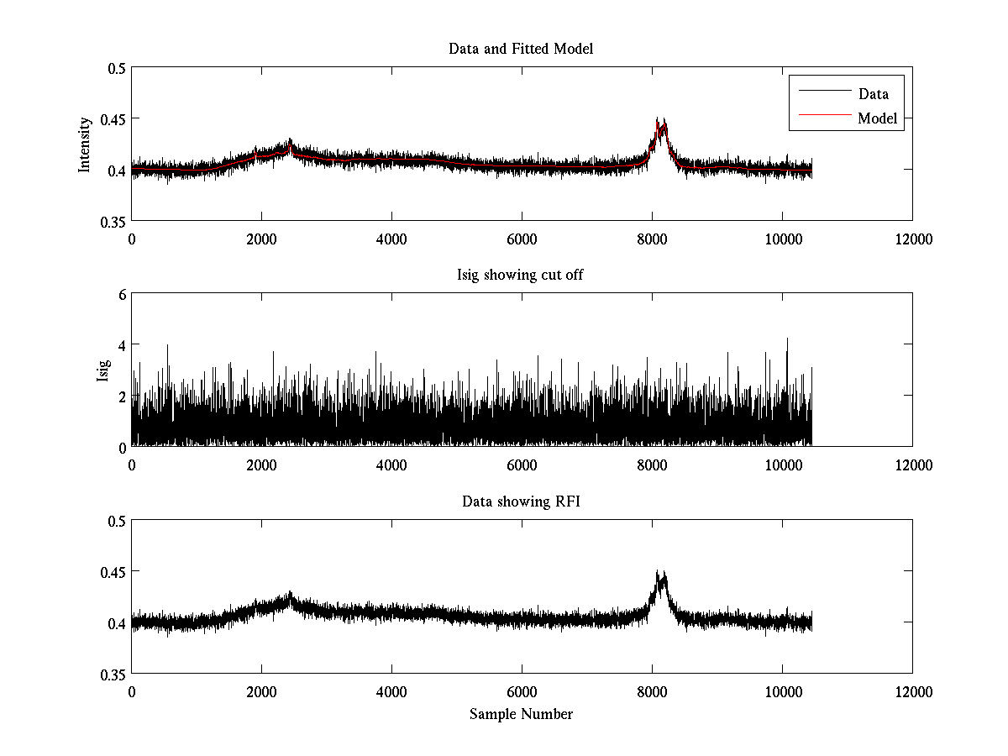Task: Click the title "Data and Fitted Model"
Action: click(x=521, y=49)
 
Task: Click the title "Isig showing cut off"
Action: click(x=521, y=276)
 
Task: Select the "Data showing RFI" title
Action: click(x=521, y=501)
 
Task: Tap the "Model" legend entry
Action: click(x=877, y=118)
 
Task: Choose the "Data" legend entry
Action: click(x=873, y=94)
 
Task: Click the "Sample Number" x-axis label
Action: click(x=521, y=714)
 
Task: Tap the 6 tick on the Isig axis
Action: click(x=121, y=295)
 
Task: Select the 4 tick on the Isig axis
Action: click(x=121, y=345)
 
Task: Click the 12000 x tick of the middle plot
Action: click(x=912, y=465)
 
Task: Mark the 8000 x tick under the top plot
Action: click(x=652, y=239)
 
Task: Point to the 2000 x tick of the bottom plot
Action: click(x=261, y=691)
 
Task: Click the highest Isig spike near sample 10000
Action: click(x=787, y=339)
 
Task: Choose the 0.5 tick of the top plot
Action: click(x=117, y=68)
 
